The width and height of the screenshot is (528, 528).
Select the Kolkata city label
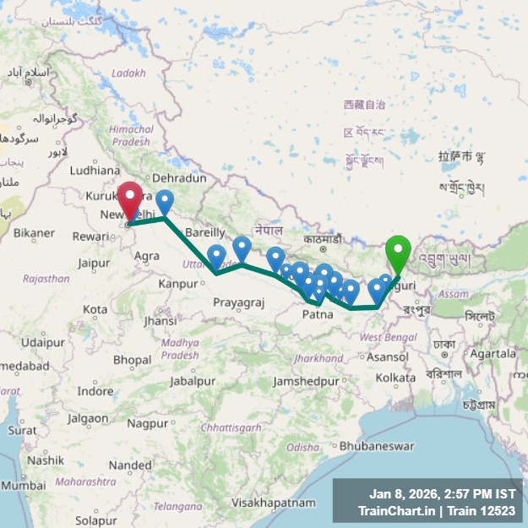pos(395,377)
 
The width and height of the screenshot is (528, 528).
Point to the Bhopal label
pos(131,360)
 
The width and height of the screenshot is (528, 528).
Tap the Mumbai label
pos(23,486)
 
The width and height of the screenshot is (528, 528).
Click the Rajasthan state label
pos(46,278)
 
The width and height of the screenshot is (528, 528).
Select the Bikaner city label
pos(34,231)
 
